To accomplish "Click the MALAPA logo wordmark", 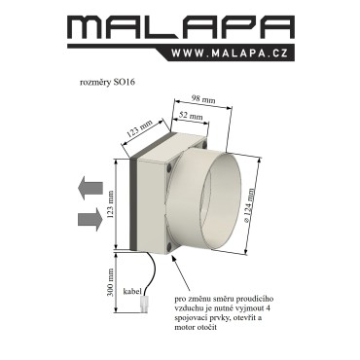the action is (181, 28).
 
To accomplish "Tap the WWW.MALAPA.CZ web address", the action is (230, 54).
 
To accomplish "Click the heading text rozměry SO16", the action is (107, 83).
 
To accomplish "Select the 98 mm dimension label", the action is (204, 97).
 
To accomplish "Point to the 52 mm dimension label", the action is (191, 116).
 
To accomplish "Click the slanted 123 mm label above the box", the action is (140, 129).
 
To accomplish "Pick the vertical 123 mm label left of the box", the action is (110, 204).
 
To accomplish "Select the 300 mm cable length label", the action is (110, 282).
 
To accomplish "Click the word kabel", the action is (132, 291).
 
